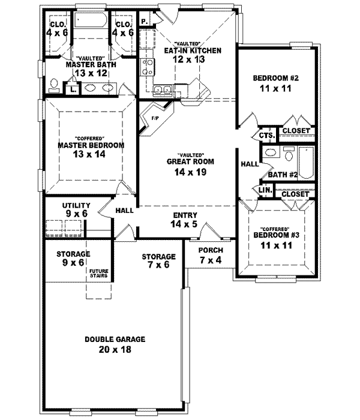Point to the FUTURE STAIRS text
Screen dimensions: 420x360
(99, 274)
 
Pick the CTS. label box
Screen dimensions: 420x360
(268, 135)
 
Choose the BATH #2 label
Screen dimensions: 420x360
(283, 175)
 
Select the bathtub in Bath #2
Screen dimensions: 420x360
(305, 162)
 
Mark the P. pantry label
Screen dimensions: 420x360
(145, 22)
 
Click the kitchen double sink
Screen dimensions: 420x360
(162, 91)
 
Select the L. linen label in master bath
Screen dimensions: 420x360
(73, 89)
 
